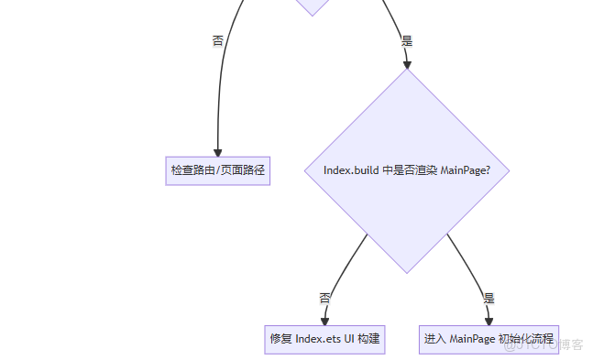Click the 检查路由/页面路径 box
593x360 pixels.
(x=218, y=170)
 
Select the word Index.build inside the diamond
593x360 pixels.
(x=352, y=170)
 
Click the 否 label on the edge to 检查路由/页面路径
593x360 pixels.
(x=218, y=41)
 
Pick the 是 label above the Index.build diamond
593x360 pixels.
(x=407, y=41)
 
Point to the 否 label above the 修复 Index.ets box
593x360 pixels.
(x=324, y=298)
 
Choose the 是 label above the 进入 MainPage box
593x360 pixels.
(x=489, y=298)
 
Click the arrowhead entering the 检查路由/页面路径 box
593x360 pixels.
(x=218, y=152)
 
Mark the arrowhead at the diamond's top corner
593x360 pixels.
(x=407, y=64)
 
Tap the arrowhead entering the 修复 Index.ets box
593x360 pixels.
(x=324, y=321)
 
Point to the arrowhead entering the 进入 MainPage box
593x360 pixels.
(x=489, y=321)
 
